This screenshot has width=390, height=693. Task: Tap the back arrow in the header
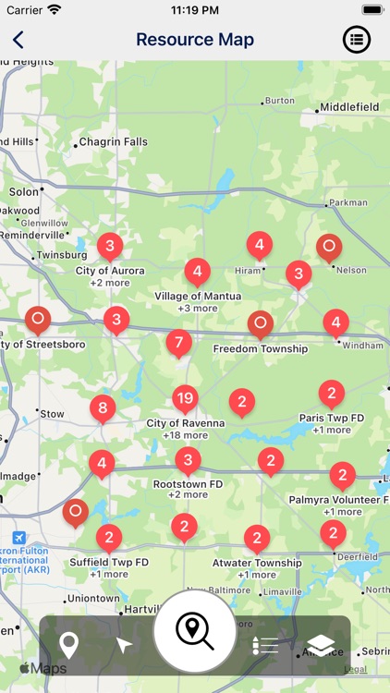[18, 40]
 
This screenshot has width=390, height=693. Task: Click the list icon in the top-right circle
[357, 40]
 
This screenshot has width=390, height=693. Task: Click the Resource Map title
[195, 40]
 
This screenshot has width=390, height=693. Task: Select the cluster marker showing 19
[185, 399]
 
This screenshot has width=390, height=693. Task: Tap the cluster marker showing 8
[103, 407]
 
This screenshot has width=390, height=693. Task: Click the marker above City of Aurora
[110, 246]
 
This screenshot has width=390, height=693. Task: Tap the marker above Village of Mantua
[197, 272]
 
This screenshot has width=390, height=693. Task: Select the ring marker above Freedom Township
[261, 324]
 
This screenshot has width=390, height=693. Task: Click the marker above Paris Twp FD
[331, 393]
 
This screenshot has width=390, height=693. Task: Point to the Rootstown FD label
[188, 483]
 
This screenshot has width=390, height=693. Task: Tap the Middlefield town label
[349, 107]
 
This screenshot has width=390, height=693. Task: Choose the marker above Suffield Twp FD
[109, 537]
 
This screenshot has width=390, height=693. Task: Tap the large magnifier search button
[194, 631]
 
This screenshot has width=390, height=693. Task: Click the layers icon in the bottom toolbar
[319, 645]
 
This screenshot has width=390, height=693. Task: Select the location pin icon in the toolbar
[68, 645]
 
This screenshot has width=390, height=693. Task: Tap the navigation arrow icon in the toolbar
[124, 645]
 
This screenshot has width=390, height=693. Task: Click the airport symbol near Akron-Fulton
[19, 538]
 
